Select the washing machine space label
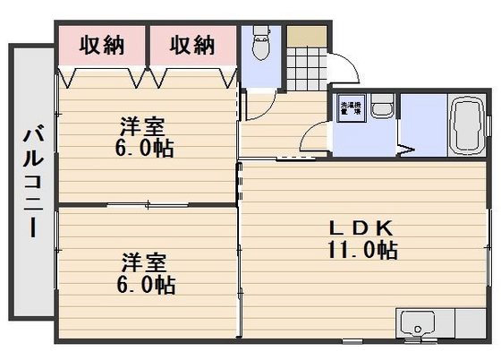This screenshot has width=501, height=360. tap(349, 110)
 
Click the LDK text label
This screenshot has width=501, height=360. tap(362, 229)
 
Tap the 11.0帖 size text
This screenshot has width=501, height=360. tap(362, 252)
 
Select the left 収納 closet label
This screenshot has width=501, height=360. tap(100, 43)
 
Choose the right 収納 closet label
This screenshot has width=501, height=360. tap(192, 43)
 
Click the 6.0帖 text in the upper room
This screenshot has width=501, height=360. tap(144, 148)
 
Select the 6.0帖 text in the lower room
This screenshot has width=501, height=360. tap(146, 286)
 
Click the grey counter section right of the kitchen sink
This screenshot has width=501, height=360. tap(469, 322)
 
